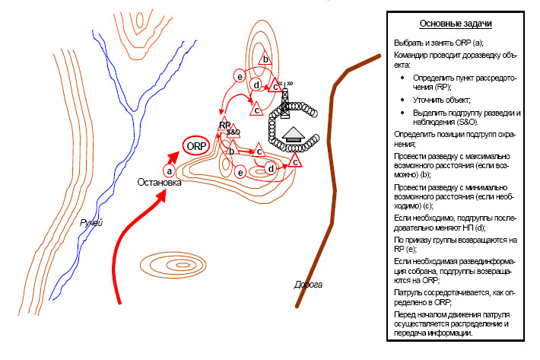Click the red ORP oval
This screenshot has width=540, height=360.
195,145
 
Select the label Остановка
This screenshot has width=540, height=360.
160,183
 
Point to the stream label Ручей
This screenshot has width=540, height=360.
91,223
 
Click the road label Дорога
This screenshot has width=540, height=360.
308,285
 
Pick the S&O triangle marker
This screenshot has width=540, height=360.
232,132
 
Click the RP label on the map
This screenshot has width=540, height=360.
224,125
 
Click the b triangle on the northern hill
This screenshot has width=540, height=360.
265,59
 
